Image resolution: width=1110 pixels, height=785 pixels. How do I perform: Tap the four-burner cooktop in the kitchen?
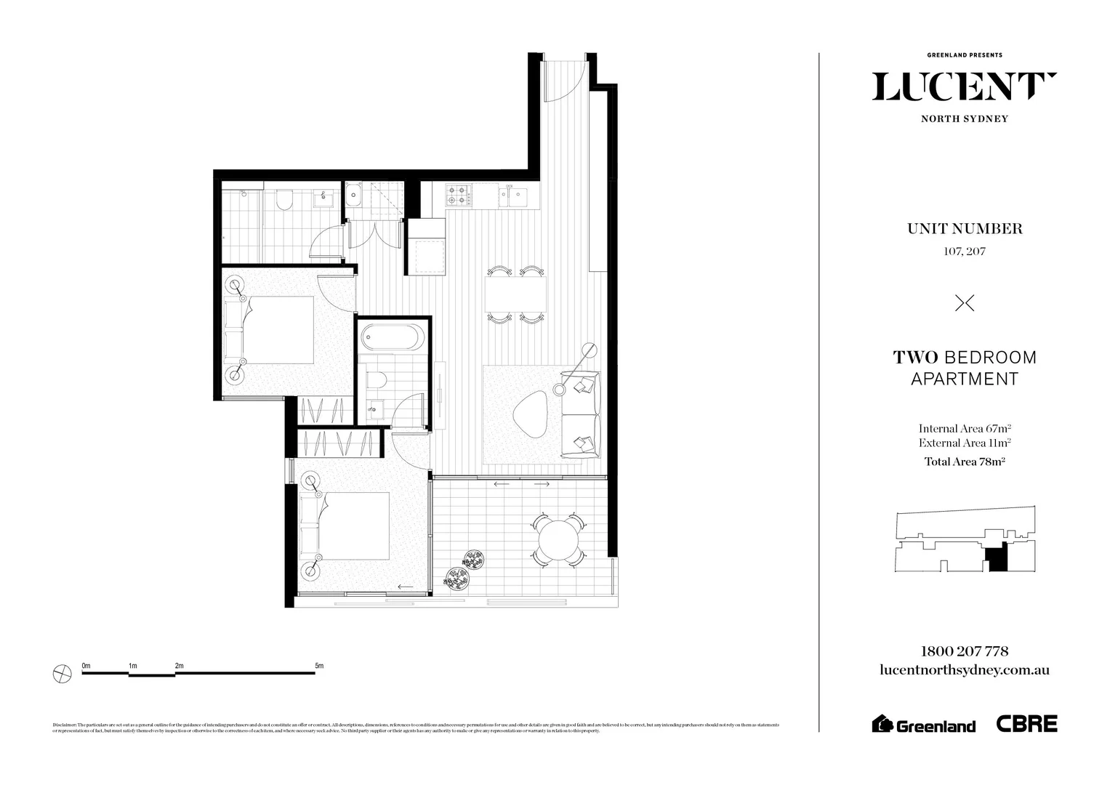tap(459, 195)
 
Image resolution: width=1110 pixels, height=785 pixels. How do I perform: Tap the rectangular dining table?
tap(516, 294)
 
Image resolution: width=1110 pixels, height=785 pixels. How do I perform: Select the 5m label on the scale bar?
tap(318, 666)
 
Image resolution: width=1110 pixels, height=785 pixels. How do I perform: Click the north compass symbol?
tap(63, 674)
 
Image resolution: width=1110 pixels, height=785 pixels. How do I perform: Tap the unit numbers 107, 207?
tap(964, 252)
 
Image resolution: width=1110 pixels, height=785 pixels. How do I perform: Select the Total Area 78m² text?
tap(964, 461)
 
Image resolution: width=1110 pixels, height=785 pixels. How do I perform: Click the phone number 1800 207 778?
tap(964, 651)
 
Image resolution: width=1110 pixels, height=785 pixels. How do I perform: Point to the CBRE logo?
tap(1026, 723)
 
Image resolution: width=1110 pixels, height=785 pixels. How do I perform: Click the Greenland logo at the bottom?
tap(923, 724)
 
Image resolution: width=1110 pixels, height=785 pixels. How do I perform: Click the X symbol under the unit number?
tap(964, 303)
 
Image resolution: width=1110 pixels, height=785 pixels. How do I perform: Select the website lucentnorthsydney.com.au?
tap(964, 671)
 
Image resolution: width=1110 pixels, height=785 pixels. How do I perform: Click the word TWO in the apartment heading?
tap(915, 358)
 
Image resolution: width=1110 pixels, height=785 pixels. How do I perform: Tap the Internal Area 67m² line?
tap(964, 428)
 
